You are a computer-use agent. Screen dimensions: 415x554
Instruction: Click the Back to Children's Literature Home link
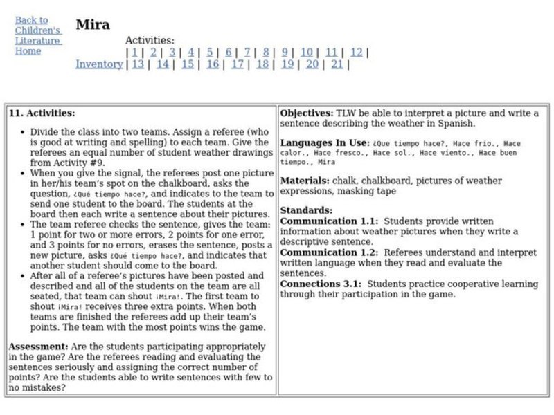(38, 35)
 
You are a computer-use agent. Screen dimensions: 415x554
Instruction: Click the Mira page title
(93, 25)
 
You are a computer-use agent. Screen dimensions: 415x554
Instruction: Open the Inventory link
(99, 64)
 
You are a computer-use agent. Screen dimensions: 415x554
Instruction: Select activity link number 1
(134, 52)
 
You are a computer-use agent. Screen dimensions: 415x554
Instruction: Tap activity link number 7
(247, 52)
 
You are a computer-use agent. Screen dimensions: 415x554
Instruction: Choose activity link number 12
(356, 52)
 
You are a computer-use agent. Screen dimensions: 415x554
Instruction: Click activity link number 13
(138, 64)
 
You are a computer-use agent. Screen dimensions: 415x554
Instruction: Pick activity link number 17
(238, 64)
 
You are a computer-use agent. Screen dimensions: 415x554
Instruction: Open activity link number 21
(337, 64)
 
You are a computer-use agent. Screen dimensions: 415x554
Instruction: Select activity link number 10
(306, 52)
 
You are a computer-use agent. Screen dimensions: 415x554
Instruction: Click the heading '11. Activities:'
(42, 113)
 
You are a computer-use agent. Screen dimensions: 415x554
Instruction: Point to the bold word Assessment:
(37, 345)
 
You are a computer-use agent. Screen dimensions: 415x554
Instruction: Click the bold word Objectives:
(306, 113)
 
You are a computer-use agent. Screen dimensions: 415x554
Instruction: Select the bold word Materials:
(305, 181)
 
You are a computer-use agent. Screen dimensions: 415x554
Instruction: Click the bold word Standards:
(306, 210)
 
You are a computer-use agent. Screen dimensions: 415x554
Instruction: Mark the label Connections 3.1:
(322, 284)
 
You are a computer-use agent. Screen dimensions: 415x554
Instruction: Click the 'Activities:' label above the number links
(150, 41)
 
